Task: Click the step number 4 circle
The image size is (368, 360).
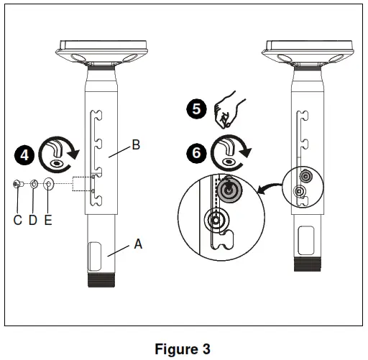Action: pyautogui.click(x=24, y=154)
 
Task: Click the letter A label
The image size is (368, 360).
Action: pyautogui.click(x=139, y=244)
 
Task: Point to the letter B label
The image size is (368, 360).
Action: pyautogui.click(x=135, y=144)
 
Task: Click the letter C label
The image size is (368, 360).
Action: pyautogui.click(x=17, y=220)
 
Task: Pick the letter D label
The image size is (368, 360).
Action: pyautogui.click(x=33, y=220)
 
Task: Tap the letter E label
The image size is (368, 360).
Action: pyautogui.click(x=48, y=220)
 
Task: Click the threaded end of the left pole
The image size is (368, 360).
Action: pyautogui.click(x=103, y=278)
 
